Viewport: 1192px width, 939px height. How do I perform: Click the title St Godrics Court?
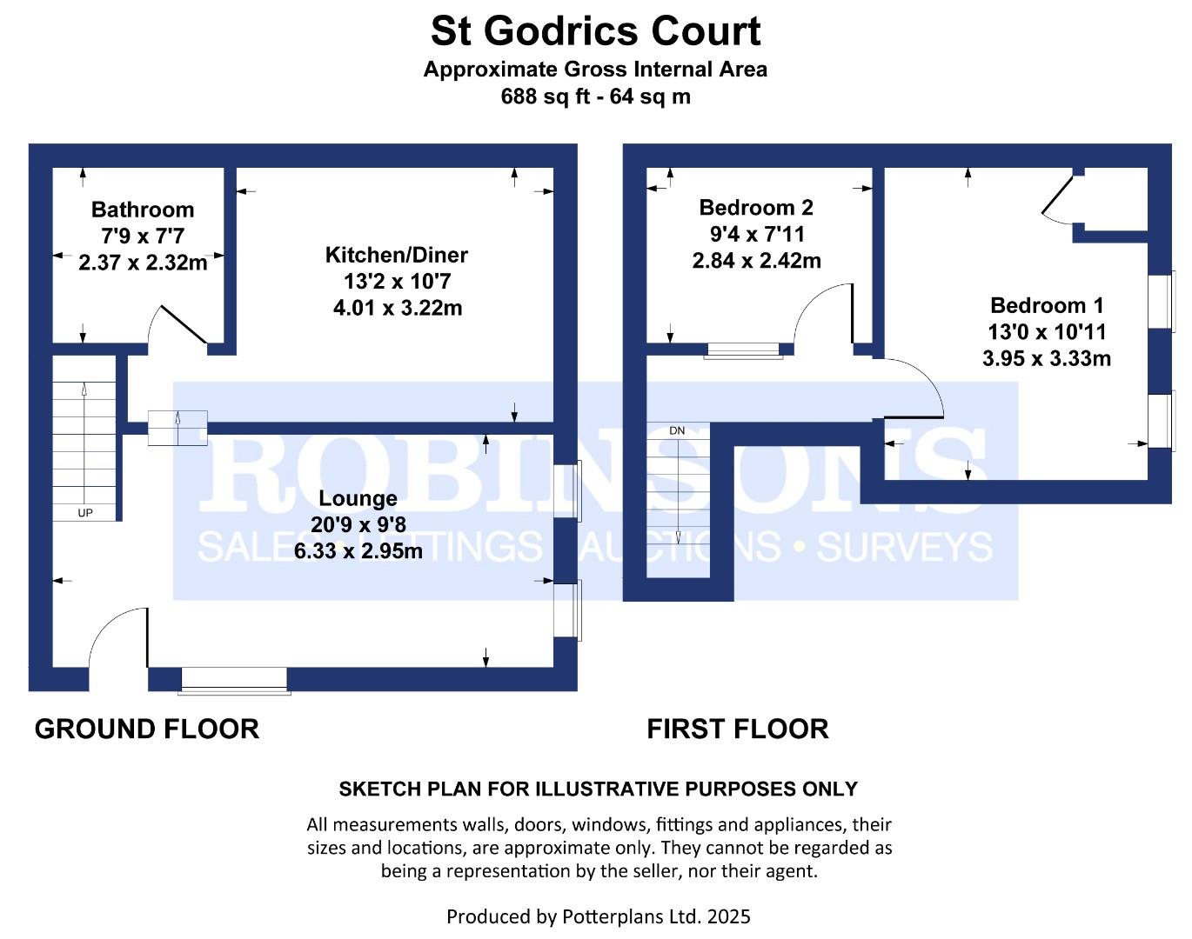[596, 31]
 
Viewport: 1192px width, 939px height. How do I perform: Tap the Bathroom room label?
[143, 210]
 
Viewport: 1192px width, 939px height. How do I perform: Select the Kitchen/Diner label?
[397, 255]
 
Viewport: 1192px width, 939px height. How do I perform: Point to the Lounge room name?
[358, 498]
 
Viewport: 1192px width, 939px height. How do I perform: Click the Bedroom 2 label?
[756, 208]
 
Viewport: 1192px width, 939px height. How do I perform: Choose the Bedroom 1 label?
[1047, 305]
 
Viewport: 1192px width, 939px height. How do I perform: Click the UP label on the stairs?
[85, 513]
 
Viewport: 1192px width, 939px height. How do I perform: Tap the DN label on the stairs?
[677, 431]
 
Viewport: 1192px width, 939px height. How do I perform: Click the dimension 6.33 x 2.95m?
[358, 550]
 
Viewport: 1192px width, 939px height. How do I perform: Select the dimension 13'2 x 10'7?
[397, 282]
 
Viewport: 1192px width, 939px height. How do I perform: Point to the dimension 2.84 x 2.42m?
[756, 261]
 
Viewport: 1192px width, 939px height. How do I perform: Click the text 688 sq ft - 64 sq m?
[596, 97]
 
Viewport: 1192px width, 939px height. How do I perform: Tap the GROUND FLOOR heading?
[147, 729]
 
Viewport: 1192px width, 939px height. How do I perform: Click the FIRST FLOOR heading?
[738, 729]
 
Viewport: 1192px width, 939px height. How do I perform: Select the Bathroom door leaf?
[183, 324]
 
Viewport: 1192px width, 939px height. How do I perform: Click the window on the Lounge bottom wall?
[234, 681]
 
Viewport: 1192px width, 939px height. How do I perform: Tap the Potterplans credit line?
[598, 916]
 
